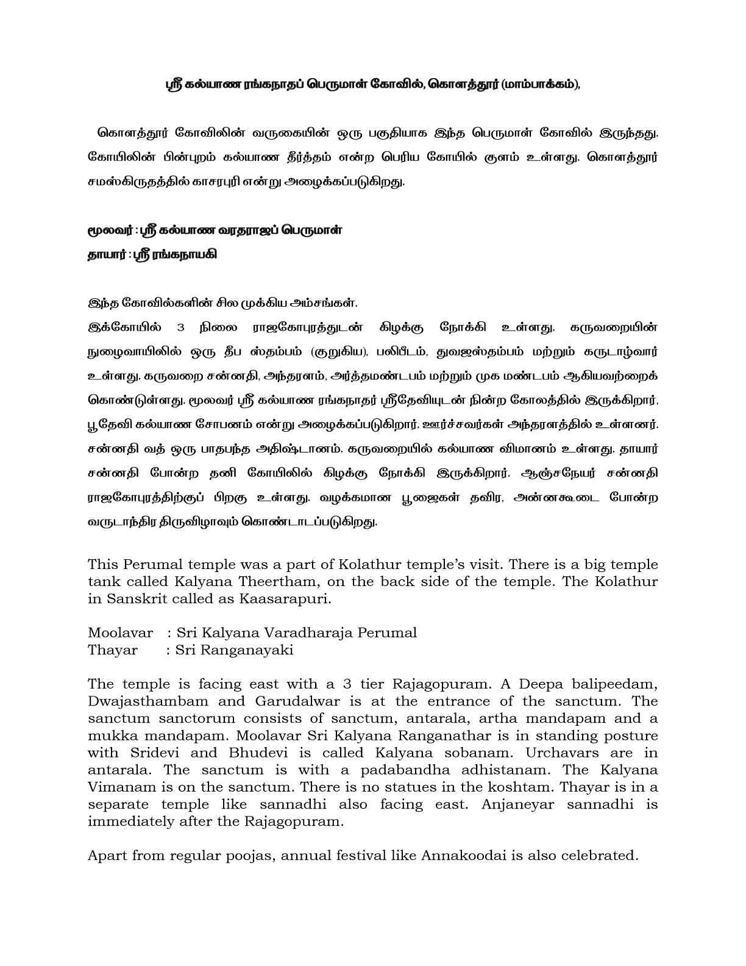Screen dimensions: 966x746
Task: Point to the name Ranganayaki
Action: [x=242, y=650]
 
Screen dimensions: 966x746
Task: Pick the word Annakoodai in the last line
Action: [x=464, y=855]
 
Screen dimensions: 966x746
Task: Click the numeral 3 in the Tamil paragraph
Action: [x=180, y=327]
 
